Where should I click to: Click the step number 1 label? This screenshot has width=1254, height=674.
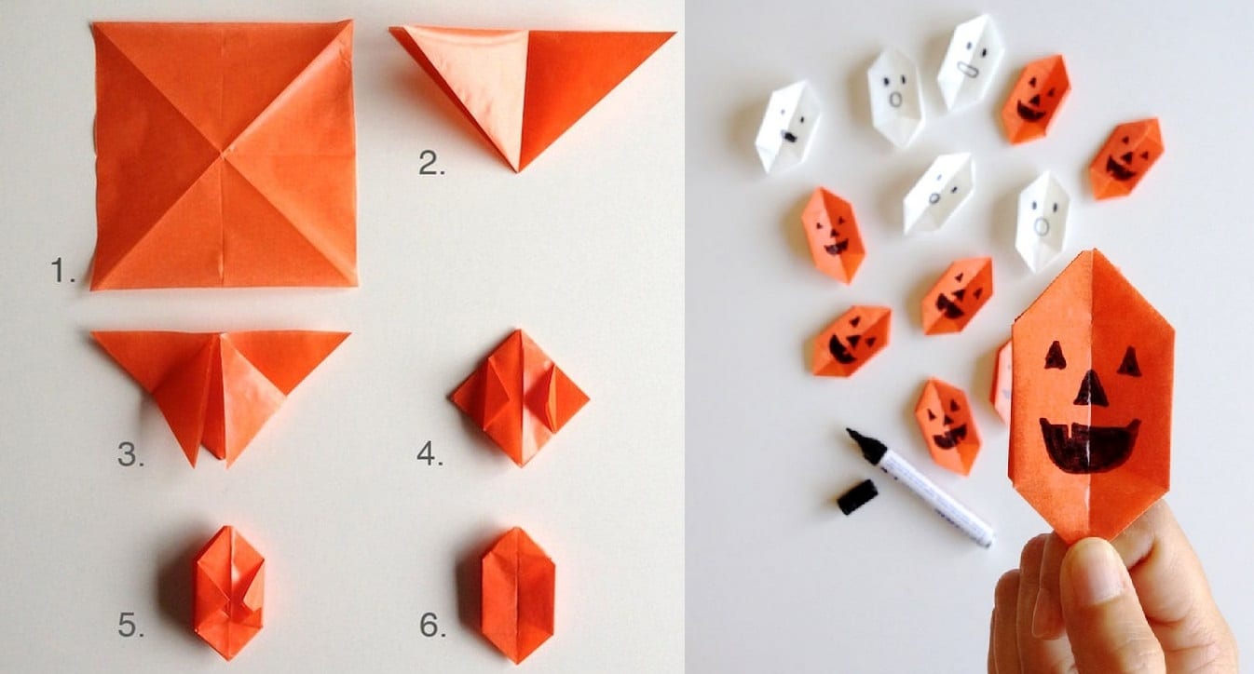(62, 270)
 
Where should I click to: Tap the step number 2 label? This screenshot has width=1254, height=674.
(431, 163)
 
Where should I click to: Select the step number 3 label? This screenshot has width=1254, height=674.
(130, 453)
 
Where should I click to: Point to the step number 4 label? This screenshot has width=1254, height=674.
(429, 453)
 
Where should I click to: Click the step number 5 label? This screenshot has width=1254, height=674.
(130, 625)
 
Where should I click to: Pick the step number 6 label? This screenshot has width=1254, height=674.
(432, 625)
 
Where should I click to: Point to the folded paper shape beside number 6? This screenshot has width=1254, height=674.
(518, 595)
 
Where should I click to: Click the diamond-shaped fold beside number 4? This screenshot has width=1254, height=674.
(520, 398)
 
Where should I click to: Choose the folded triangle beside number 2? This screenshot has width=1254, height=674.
(532, 95)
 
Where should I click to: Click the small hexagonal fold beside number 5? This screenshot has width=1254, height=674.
(229, 592)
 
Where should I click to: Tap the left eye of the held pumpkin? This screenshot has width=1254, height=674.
(1056, 356)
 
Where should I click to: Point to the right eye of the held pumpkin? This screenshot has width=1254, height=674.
(1130, 361)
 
